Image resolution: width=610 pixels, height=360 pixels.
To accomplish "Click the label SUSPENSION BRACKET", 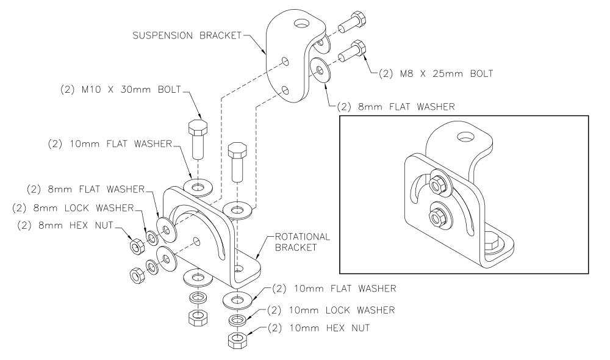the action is tap(187, 36).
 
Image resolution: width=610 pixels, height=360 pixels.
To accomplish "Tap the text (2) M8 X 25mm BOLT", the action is tap(436, 74).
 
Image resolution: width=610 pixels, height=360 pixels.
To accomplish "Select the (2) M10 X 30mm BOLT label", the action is tap(121, 90).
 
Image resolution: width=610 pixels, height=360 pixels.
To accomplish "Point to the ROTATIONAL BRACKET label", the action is tap(303, 242).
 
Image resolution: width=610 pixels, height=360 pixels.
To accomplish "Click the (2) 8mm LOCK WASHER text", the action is tap(73, 208).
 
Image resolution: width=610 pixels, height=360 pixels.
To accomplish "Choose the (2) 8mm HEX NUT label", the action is tap(65, 226).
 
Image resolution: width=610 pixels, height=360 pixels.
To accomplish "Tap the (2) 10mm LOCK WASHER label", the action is tap(331, 310).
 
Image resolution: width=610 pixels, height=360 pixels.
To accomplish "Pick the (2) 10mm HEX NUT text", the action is tap(319, 328).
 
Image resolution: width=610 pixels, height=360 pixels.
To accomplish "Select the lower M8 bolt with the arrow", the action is tap(352, 51).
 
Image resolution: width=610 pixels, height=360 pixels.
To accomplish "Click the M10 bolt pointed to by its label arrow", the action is tap(198, 139).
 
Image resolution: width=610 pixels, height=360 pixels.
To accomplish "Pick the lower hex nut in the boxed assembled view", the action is tap(437, 217).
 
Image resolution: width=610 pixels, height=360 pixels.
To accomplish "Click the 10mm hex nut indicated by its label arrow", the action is tap(237, 340).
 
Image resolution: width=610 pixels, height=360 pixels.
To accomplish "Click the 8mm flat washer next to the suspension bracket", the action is tap(320, 70).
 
